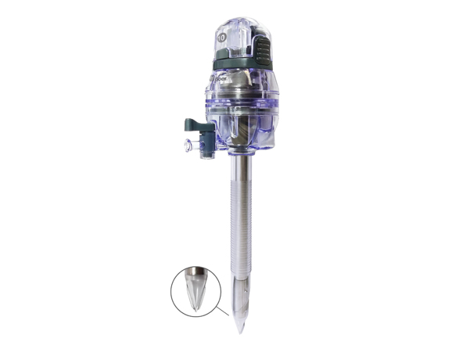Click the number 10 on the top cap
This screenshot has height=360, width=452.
pos(224,34)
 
